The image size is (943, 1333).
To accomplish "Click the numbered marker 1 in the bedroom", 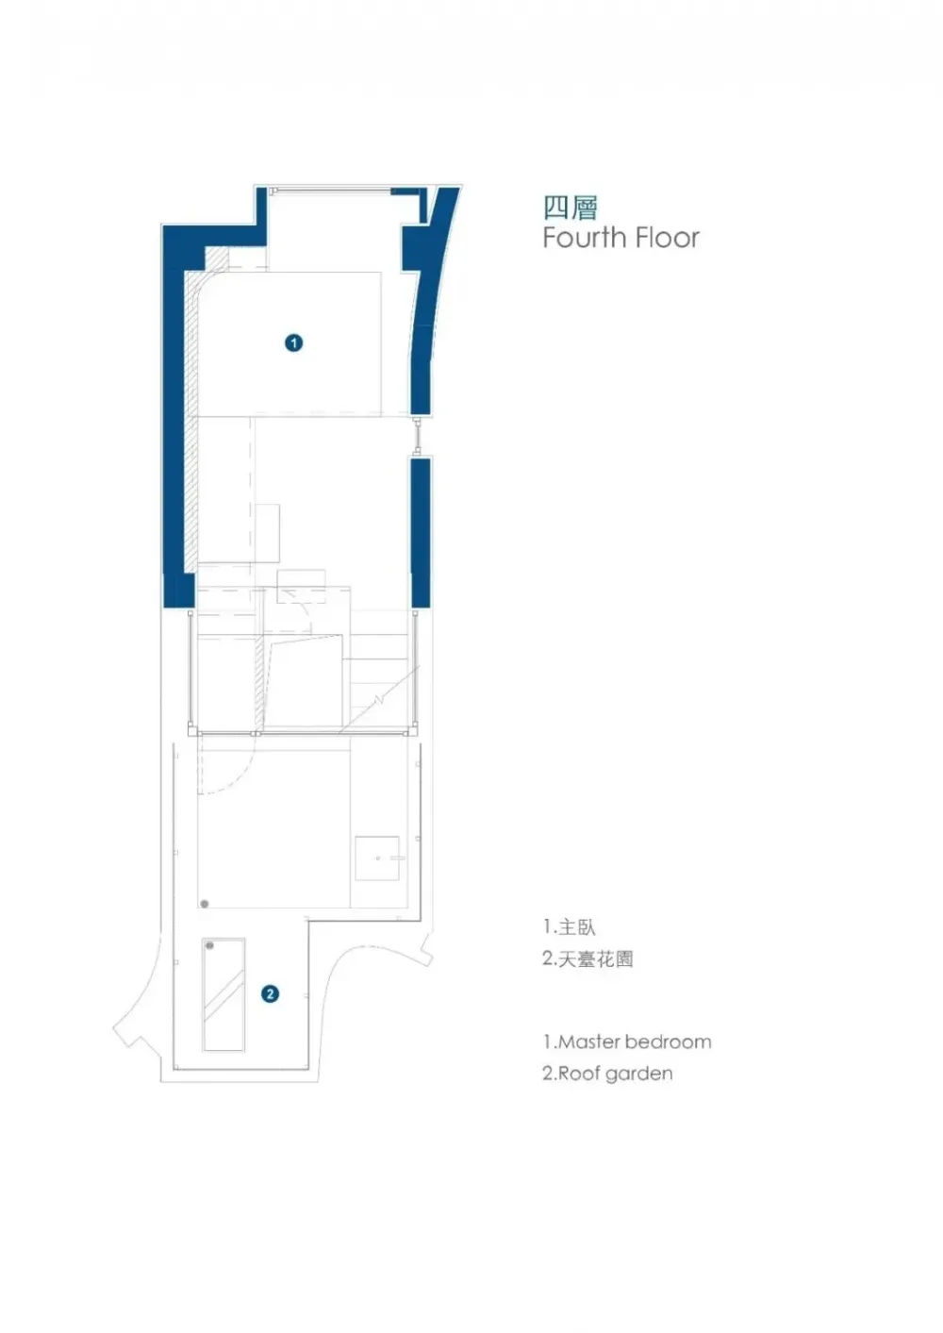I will click(293, 342).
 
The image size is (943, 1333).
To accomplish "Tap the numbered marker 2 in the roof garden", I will click(271, 993).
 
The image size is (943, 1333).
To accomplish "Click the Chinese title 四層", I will click(570, 207).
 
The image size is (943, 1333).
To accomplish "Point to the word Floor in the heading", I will click(667, 238).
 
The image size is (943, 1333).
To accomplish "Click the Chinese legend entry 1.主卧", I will click(569, 927).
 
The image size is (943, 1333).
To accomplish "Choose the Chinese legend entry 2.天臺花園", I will click(587, 959).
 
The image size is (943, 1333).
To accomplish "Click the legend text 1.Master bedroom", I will click(626, 1042).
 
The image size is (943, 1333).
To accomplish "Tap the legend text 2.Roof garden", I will click(607, 1074).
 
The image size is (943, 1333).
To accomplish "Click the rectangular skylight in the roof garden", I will click(223, 994).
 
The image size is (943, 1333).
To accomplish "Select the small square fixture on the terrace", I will click(377, 858).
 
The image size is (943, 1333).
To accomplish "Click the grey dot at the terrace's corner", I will click(205, 904).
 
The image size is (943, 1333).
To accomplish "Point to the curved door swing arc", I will click(241, 778).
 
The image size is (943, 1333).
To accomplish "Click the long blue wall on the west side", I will click(175, 425).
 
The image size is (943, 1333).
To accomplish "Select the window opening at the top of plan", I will click(329, 192).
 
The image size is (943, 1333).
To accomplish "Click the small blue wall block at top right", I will click(406, 194).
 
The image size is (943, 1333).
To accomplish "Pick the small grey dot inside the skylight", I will click(209, 945).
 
